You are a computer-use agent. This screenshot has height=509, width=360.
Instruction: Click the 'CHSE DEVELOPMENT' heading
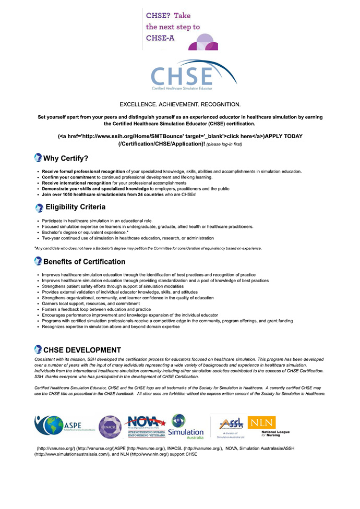(x=82, y=349)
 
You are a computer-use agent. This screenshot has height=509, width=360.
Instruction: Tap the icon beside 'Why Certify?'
(x=38, y=158)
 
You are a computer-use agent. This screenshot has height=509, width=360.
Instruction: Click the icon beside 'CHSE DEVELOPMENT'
(x=38, y=349)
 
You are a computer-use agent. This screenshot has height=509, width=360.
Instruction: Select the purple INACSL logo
(x=110, y=427)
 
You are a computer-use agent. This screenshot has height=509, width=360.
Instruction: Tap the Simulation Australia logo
(x=186, y=426)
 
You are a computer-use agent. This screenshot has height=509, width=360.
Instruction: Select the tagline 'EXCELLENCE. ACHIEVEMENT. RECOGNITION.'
(x=180, y=104)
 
